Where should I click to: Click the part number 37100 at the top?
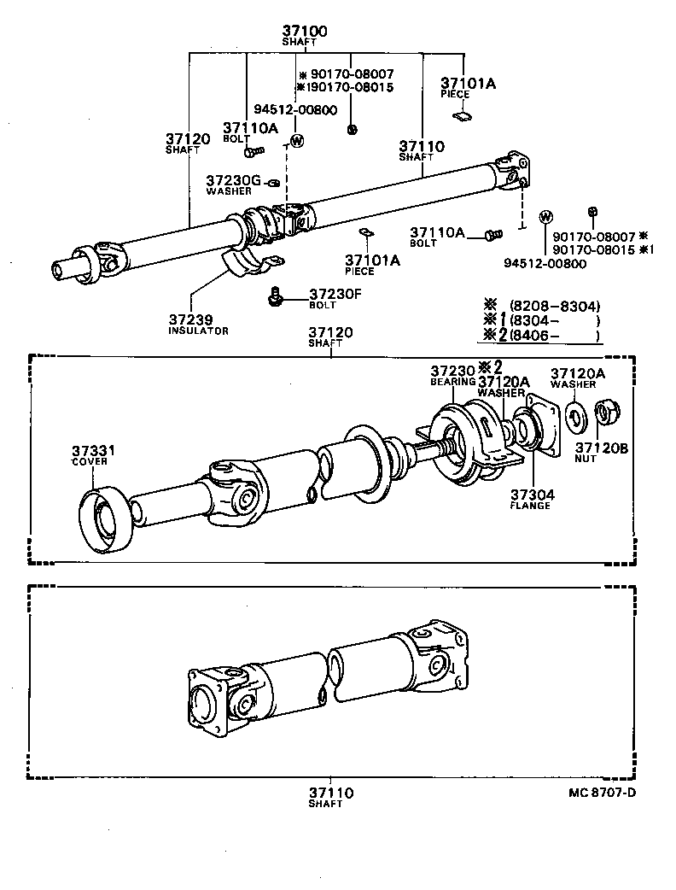pos(305,32)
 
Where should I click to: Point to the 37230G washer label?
pos(232,181)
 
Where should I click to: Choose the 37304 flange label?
pos(532,495)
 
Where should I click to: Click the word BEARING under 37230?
pos(452,382)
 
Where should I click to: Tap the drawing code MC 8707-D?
pos(601,792)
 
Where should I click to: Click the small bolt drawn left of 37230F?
pos(275,296)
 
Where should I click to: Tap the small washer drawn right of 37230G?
pos(274,182)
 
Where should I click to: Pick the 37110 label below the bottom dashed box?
pos(330,793)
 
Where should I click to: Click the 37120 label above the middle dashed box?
pos(330,332)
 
